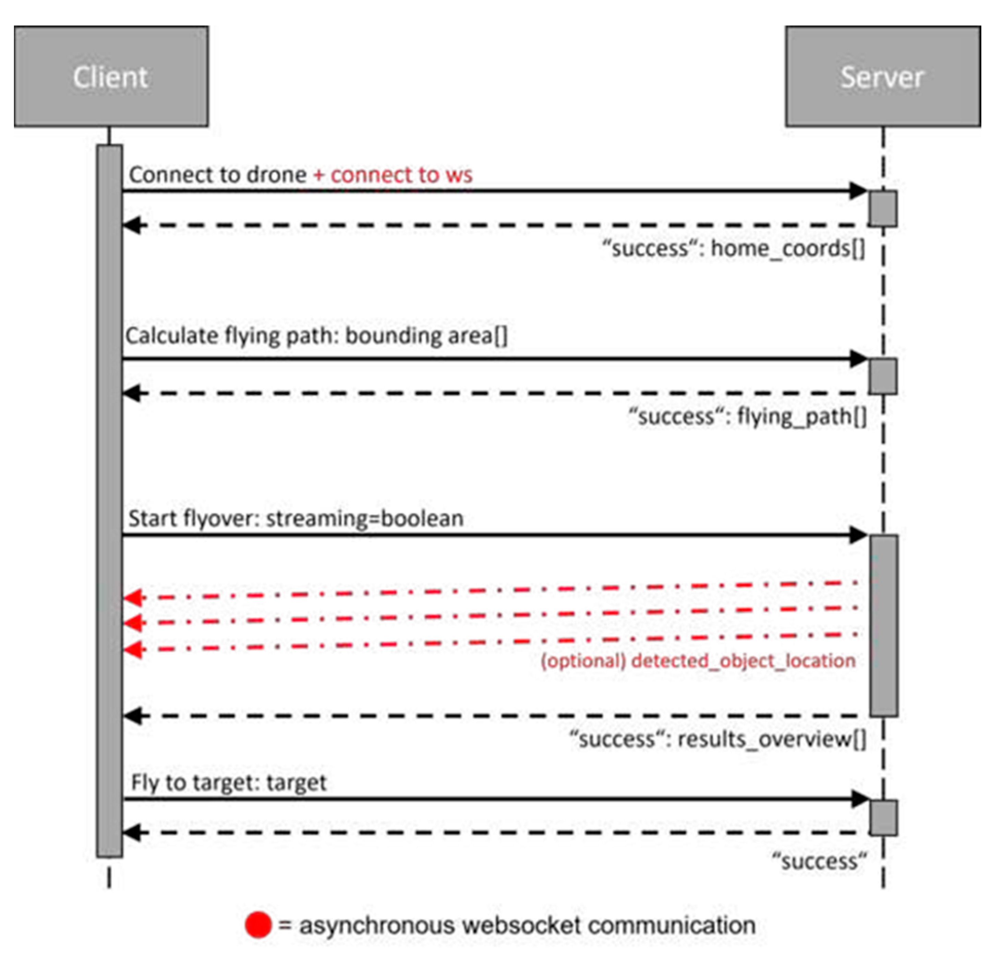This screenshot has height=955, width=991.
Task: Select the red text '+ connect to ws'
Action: pos(393,175)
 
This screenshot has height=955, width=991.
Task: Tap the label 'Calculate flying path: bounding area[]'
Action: pos(316,335)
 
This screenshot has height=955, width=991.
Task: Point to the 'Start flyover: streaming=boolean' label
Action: pos(296,518)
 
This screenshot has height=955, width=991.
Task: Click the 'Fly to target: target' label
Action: pos(229,782)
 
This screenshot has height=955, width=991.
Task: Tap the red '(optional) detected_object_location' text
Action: pos(698,660)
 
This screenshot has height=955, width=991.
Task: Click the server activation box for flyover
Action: pos(883,625)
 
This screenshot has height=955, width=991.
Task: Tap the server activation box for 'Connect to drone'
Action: pos(883,208)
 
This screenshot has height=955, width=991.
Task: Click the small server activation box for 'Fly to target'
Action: pos(883,818)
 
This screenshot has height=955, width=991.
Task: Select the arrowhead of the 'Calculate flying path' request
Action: pos(858,359)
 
